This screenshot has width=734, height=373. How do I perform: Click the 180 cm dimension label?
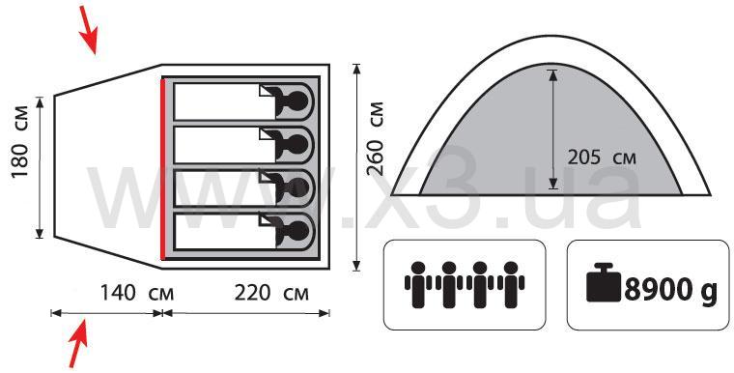pos(20,142)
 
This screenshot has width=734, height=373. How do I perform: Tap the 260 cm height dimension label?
pos(375,138)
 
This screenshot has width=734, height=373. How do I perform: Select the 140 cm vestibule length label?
pos(137,294)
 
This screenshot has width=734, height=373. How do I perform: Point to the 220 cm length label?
pos(271,294)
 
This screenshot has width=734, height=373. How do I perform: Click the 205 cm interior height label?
pos(602,158)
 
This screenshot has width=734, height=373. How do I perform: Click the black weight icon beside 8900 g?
pos(604,282)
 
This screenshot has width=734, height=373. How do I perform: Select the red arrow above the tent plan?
pos(88,30)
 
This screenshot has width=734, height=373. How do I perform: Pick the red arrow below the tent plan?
pos(78,342)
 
